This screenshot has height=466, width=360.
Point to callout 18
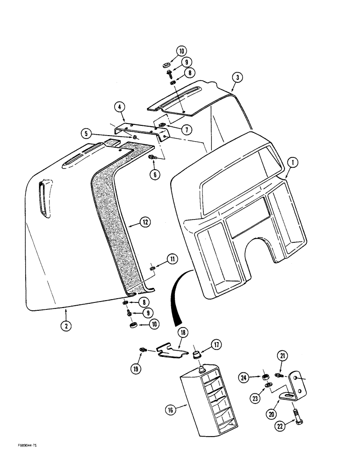pyautogui.click(x=183, y=333)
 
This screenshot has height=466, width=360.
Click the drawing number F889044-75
pyautogui.click(x=22, y=446)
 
